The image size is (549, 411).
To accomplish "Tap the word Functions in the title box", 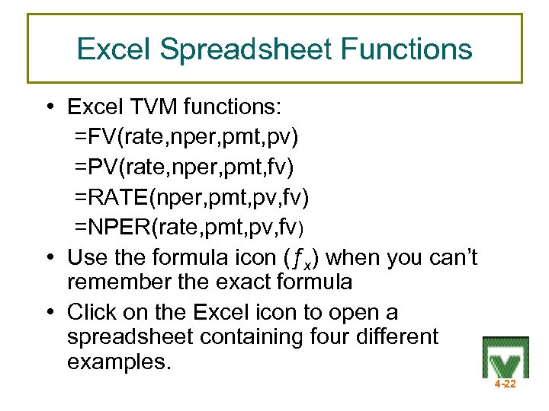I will [x=406, y=49].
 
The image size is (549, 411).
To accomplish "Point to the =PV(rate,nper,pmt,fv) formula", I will [x=187, y=168].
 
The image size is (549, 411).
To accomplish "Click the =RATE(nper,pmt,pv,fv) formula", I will [x=191, y=198].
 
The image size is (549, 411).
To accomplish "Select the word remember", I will [x=117, y=282].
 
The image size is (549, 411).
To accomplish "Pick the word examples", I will [x=119, y=362].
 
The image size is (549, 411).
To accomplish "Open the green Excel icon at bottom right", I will [x=505, y=356].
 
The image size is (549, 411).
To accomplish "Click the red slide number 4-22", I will [x=505, y=384].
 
